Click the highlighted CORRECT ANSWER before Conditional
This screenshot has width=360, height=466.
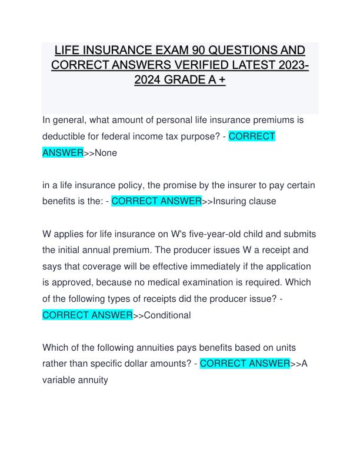88,315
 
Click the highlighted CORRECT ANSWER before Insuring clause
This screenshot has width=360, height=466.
156,201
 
